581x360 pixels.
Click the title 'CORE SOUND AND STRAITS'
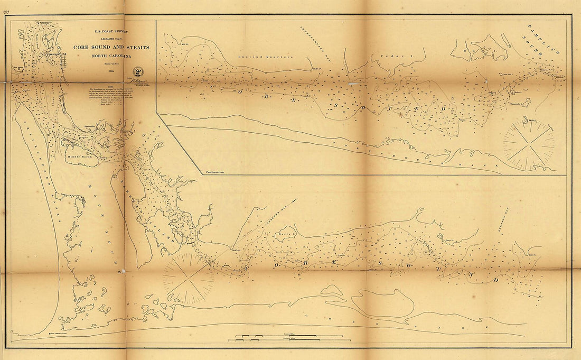pyautogui.click(x=111, y=47)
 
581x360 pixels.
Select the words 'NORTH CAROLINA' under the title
pyautogui.click(x=111, y=54)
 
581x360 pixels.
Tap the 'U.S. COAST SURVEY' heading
pyautogui.click(x=111, y=32)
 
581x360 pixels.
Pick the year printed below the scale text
pyautogui.click(x=111, y=69)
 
